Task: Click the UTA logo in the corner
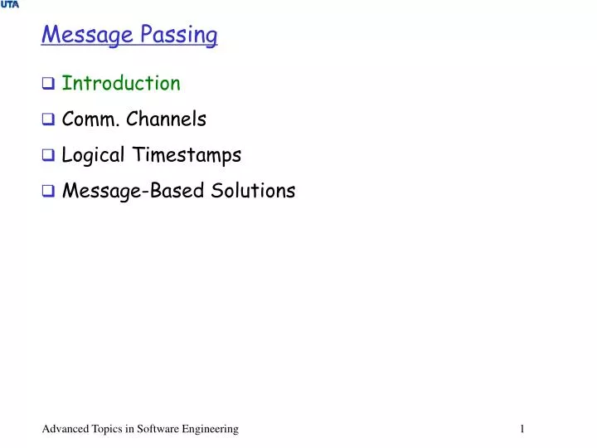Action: pyautogui.click(x=9, y=5)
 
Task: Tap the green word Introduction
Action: pyautogui.click(x=121, y=83)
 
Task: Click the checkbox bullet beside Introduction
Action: pyautogui.click(x=48, y=84)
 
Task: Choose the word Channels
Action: pyautogui.click(x=169, y=119)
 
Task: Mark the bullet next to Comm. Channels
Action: pyautogui.click(x=48, y=120)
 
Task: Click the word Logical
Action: pyautogui.click(x=93, y=155)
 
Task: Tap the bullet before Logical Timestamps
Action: pyautogui.click(x=48, y=156)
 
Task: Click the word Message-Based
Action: pyautogui.click(x=130, y=191)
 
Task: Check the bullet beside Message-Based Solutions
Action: pyautogui.click(x=48, y=192)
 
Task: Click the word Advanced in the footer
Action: pyautogui.click(x=64, y=428)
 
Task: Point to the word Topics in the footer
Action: pyautogui.click(x=107, y=428)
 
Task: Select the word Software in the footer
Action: pyautogui.click(x=160, y=428)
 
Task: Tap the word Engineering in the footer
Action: pyautogui.click(x=211, y=428)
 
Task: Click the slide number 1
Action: pyautogui.click(x=522, y=428)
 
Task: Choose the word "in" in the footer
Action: pyautogui.click(x=131, y=428)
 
